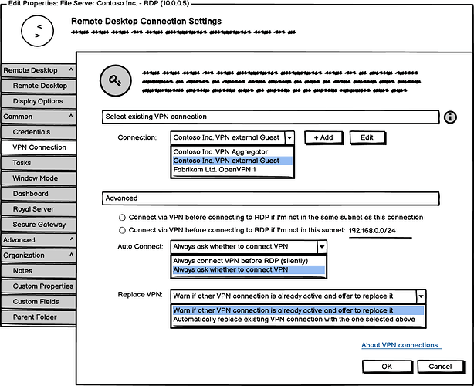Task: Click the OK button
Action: coord(387,366)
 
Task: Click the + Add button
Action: coord(324,137)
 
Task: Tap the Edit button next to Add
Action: coord(367,137)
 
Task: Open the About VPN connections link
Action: coord(401,345)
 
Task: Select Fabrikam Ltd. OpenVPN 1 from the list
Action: coord(215,170)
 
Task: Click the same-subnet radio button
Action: coord(122,218)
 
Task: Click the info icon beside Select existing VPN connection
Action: coord(451,117)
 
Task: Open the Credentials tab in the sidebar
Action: coord(32,132)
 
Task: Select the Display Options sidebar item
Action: coord(38,101)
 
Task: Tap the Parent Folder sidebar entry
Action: coord(35,317)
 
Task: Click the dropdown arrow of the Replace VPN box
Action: coord(421,296)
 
